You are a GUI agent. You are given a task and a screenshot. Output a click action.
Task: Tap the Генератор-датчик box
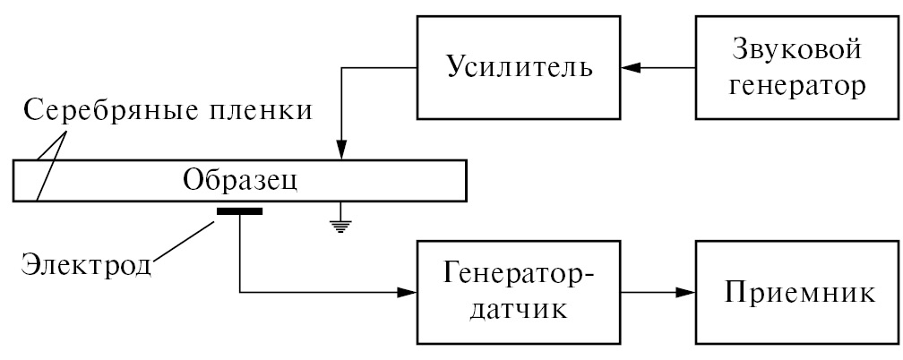pyautogui.click(x=519, y=292)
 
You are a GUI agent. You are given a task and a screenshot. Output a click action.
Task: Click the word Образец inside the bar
pyautogui.click(x=239, y=180)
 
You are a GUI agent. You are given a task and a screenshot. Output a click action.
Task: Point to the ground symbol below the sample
pyautogui.click(x=339, y=225)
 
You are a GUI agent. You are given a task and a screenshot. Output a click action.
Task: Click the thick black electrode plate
pyautogui.click(x=239, y=212)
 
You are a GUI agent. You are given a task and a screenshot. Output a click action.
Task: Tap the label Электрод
pyautogui.click(x=86, y=265)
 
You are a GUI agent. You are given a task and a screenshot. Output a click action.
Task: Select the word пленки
pyautogui.click(x=259, y=112)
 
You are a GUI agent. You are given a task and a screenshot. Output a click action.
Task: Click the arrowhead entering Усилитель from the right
pyautogui.click(x=631, y=68)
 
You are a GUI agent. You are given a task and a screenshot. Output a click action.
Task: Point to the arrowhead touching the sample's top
pyautogui.click(x=339, y=153)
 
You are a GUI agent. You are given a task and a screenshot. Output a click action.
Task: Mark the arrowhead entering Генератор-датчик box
pyautogui.click(x=410, y=292)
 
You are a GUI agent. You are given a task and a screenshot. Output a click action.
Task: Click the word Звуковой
pyautogui.click(x=796, y=50)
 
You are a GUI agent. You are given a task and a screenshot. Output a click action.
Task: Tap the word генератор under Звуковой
pyautogui.click(x=796, y=88)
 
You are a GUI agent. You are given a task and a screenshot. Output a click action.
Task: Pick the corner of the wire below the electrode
pyautogui.click(x=240, y=292)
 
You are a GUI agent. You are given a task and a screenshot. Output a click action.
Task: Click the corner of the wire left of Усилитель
pyautogui.click(x=339, y=68)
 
